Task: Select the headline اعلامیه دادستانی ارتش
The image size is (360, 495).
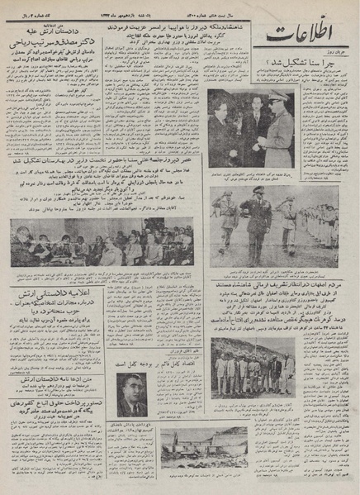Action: click(x=50, y=294)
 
